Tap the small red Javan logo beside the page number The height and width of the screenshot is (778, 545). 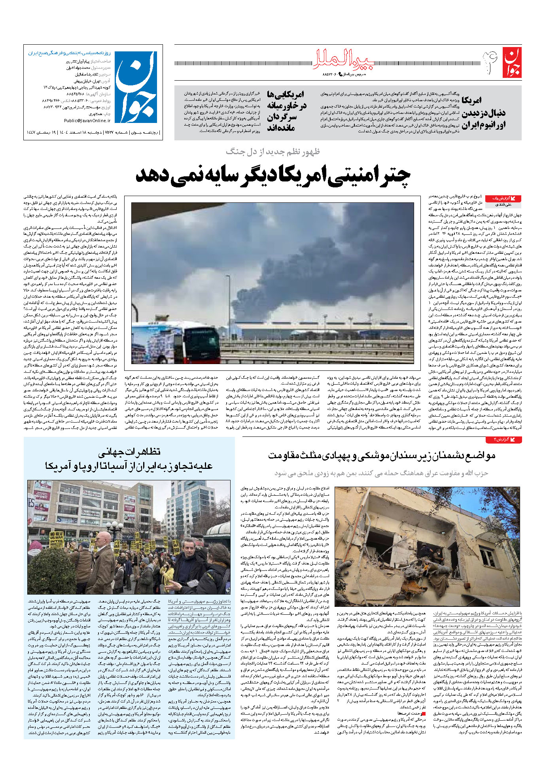tap(512, 62)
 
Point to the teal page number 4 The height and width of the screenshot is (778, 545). tap(489, 62)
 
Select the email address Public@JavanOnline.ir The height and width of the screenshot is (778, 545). tap(87, 121)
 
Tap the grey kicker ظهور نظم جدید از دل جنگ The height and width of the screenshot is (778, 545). tap(273, 152)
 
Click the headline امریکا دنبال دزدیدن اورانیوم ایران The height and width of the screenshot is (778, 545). tap(483, 113)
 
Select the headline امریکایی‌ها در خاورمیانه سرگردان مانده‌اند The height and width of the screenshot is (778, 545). tap(286, 111)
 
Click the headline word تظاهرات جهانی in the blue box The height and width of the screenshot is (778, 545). tap(129, 451)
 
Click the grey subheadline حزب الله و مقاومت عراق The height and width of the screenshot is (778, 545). tap(382, 473)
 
